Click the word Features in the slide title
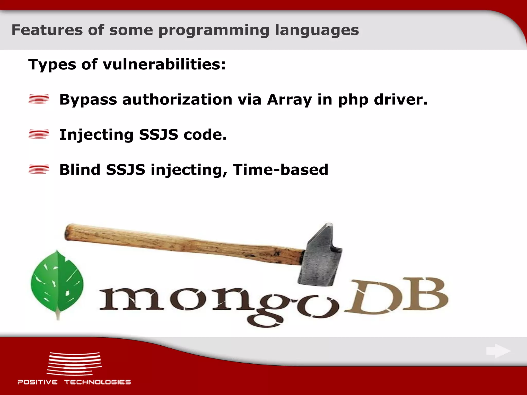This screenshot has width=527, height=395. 47,30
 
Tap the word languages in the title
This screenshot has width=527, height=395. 317,30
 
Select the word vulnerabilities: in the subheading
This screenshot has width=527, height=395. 164,64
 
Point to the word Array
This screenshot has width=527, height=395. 289,100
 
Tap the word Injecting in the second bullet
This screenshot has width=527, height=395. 96,135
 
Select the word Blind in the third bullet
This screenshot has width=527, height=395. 80,170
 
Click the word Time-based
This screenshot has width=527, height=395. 280,170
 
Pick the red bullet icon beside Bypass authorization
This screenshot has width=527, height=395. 39,99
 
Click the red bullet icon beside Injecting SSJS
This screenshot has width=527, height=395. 39,134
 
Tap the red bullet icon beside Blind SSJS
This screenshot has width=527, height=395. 39,169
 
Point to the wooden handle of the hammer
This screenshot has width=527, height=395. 180,242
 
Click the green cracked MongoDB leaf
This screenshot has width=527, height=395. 57,283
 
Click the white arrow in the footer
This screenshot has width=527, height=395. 498,351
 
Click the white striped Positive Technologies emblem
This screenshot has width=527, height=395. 74,364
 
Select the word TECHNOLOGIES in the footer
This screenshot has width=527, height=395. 98,382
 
